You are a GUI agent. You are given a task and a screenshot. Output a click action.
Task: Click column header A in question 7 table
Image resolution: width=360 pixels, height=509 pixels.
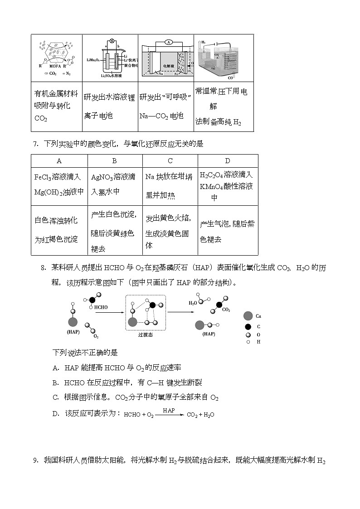59,161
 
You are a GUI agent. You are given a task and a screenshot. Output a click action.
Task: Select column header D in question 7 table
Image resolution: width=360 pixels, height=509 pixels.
228,161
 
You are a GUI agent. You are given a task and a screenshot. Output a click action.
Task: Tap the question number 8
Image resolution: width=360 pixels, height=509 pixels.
43,268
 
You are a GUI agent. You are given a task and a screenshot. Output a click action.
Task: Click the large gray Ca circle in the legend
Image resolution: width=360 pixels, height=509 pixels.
248,316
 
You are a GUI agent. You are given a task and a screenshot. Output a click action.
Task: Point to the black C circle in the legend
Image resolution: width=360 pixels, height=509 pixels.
248,326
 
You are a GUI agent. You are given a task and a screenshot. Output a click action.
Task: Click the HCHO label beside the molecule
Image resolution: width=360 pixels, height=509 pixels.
101,307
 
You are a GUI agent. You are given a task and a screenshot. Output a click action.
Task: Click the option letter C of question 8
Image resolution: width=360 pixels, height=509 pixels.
56,397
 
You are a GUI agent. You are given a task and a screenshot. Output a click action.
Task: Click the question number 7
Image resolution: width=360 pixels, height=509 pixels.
35,144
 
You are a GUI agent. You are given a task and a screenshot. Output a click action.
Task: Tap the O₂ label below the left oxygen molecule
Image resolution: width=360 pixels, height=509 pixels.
96,336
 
